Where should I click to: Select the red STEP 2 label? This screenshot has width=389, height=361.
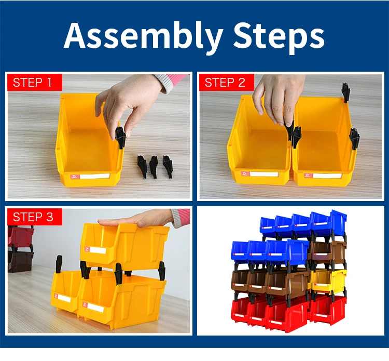point(226,82)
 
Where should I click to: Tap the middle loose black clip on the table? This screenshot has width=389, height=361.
point(155,165)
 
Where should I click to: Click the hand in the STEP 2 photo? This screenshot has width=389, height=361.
point(277,96)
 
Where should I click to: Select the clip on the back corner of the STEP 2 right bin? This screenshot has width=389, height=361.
point(345,91)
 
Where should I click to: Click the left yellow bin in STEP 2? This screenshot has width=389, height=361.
point(259,151)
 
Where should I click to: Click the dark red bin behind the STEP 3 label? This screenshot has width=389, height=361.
point(20,237)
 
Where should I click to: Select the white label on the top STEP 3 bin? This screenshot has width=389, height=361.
point(96,251)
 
